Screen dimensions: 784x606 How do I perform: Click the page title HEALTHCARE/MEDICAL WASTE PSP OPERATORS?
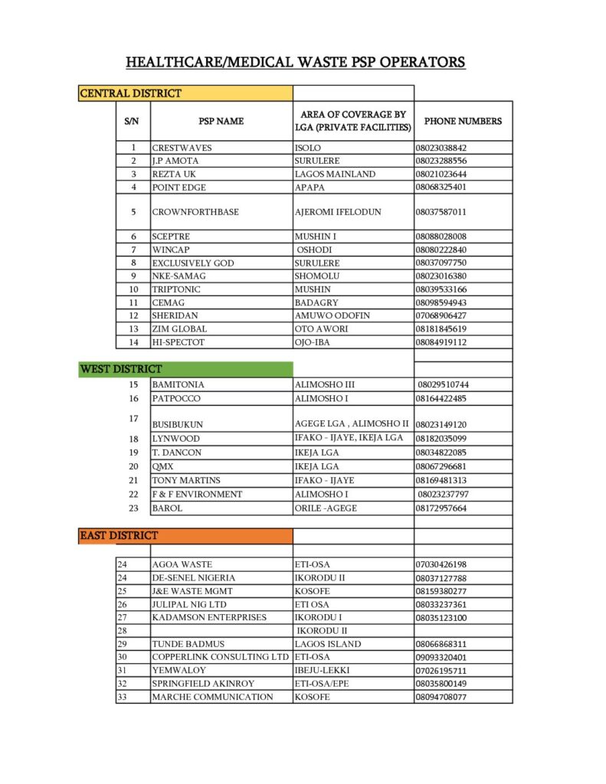295,62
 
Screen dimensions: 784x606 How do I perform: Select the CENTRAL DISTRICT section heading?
131,93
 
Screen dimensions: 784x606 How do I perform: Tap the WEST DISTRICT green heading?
121,369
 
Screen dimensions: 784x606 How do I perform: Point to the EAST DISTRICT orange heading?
119,535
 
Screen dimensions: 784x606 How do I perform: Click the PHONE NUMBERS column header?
463,121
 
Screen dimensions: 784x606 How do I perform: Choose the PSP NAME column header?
221,121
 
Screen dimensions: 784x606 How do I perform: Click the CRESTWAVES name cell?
182,148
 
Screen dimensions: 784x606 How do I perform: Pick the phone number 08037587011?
441,212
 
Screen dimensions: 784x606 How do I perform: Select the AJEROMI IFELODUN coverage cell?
338,212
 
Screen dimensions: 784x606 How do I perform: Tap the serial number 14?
133,342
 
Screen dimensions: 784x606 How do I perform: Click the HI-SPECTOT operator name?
178,342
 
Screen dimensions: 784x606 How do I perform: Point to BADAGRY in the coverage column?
317,302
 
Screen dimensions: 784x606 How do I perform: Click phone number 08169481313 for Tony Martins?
441,480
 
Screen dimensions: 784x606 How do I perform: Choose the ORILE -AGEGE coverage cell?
326,508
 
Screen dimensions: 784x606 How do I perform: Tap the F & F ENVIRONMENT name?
197,494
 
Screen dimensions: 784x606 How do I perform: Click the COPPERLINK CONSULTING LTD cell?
220,657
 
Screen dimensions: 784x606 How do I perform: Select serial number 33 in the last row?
122,697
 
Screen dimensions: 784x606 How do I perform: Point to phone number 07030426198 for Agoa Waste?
441,564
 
